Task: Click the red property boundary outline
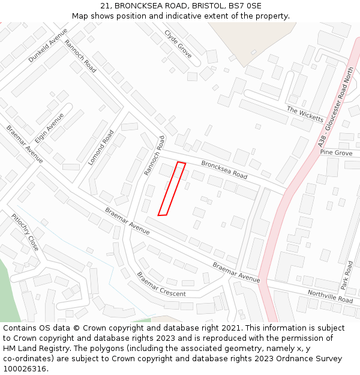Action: click(x=172, y=188)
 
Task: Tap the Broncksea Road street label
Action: click(x=224, y=169)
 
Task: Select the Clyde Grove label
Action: click(x=178, y=44)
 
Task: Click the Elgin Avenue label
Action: click(x=49, y=127)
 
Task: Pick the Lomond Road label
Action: click(x=101, y=148)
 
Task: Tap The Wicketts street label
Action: click(x=305, y=114)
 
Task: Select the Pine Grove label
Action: click(x=336, y=153)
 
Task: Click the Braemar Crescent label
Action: click(x=161, y=284)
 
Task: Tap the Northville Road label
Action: click(x=330, y=295)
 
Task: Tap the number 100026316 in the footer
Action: click(x=25, y=368)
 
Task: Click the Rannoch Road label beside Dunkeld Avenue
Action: click(x=80, y=56)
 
